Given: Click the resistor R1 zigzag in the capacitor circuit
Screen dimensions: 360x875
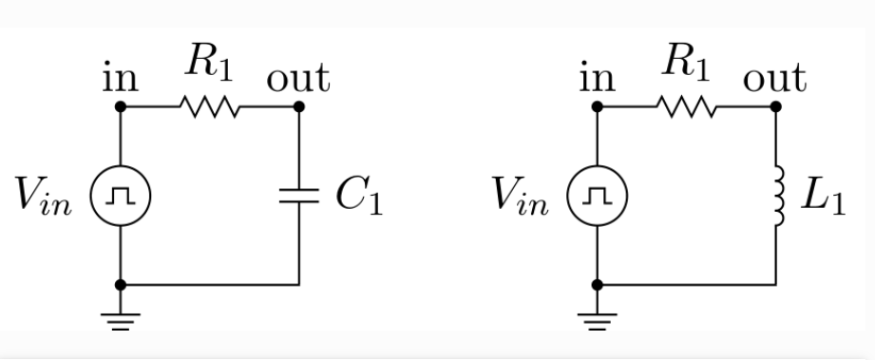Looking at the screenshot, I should [210, 106].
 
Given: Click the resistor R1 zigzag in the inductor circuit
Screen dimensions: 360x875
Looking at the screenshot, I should [686, 106].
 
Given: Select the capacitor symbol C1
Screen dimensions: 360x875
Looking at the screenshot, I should [299, 196].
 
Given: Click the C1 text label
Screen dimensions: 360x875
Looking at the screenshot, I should [358, 197].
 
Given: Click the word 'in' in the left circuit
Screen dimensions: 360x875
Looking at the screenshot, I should [120, 78].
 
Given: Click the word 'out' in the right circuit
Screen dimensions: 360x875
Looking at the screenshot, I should [774, 77].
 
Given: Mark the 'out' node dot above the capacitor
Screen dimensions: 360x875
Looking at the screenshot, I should [299, 106].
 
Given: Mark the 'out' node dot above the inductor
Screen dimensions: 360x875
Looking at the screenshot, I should [777, 106].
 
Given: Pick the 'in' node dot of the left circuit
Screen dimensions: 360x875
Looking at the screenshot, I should [120, 106].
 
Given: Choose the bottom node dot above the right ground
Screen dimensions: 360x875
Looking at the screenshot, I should [597, 284].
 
